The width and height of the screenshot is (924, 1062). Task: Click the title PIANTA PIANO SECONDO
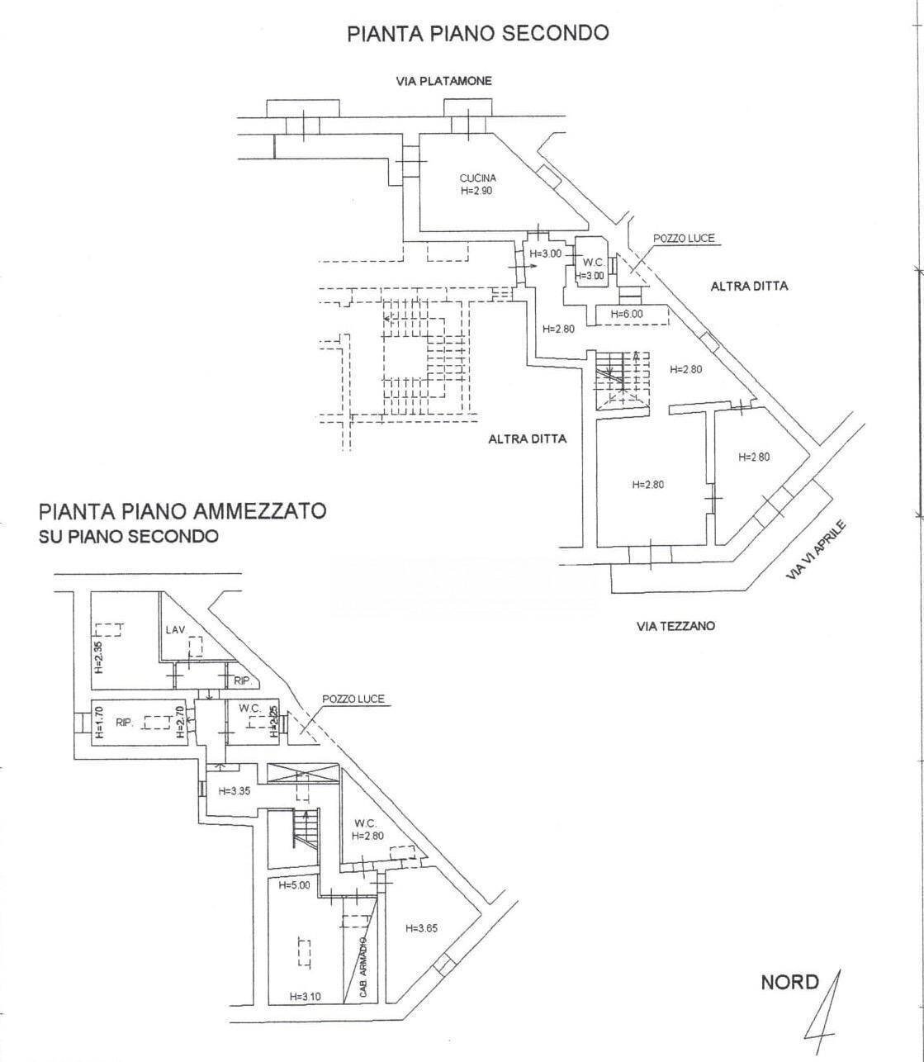click(477, 33)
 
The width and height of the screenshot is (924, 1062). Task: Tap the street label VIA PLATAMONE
click(443, 81)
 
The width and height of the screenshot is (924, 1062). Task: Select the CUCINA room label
click(478, 178)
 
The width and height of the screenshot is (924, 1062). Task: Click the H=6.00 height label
click(626, 314)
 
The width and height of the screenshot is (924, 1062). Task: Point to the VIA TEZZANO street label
click(675, 626)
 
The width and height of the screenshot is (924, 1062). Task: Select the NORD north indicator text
click(789, 983)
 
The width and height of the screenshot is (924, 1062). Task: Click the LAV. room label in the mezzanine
click(174, 630)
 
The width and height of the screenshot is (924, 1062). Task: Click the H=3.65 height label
click(421, 928)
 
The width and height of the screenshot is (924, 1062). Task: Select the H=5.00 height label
click(293, 886)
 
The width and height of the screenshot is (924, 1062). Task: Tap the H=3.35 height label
click(235, 790)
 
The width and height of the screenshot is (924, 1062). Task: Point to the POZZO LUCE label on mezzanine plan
click(353, 699)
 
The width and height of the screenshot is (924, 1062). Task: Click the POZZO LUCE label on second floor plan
click(684, 239)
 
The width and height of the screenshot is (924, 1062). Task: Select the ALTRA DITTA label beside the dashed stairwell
click(528, 439)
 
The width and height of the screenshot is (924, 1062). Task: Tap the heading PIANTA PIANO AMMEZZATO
click(182, 510)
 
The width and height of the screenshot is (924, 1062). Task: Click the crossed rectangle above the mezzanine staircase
click(304, 774)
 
